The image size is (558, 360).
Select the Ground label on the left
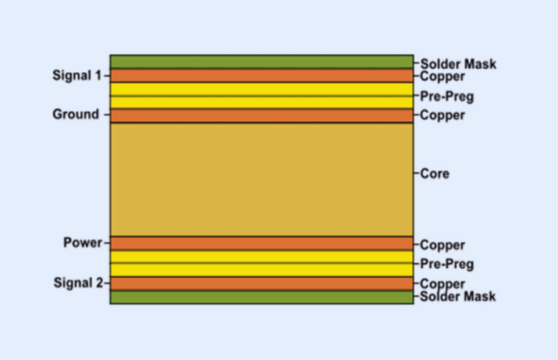tap(75, 114)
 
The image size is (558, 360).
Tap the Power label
tap(81, 243)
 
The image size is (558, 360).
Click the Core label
tap(434, 174)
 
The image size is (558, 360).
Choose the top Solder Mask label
tap(459, 64)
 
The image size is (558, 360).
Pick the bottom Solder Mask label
tap(459, 296)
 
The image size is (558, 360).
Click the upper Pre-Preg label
tap(447, 97)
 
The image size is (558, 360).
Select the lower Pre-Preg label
tap(447, 265)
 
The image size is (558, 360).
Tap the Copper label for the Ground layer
tap(443, 115)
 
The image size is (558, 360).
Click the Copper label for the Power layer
tap(443, 246)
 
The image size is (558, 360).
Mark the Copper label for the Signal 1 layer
tap(443, 76)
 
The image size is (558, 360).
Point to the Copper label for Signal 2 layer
tap(443, 285)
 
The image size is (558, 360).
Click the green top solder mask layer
tap(261, 62)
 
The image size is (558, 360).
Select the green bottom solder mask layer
tap(261, 297)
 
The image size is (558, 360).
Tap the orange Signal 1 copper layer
tap(261, 75)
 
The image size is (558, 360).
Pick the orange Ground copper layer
tap(261, 115)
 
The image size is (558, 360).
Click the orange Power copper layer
tap(261, 243)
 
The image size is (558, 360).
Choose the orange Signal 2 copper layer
tap(261, 283)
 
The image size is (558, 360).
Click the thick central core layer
tap(261, 179)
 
